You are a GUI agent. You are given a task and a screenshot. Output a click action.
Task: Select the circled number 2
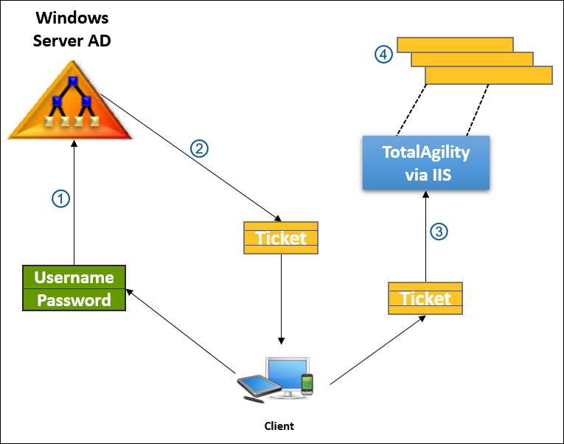(x=199, y=148)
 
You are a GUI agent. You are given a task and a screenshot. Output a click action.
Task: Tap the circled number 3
(x=439, y=232)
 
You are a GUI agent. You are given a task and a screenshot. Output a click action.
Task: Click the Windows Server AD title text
(x=72, y=28)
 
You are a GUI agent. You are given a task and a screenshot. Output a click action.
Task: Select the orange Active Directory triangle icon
(x=72, y=103)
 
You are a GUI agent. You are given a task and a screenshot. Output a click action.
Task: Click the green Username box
(x=74, y=277)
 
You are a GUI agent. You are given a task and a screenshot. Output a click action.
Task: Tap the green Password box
(x=74, y=300)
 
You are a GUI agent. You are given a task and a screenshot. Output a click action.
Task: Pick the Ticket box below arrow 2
(x=280, y=237)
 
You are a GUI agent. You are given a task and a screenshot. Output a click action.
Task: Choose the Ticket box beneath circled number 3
(x=425, y=298)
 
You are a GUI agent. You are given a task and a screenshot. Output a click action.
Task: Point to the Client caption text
(x=279, y=426)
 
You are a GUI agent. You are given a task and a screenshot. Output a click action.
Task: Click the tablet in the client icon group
(x=254, y=385)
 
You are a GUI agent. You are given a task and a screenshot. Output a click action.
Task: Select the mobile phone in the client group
(x=307, y=384)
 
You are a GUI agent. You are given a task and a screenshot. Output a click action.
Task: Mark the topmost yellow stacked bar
(x=455, y=44)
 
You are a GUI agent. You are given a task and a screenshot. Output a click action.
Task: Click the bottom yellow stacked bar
(x=488, y=75)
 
